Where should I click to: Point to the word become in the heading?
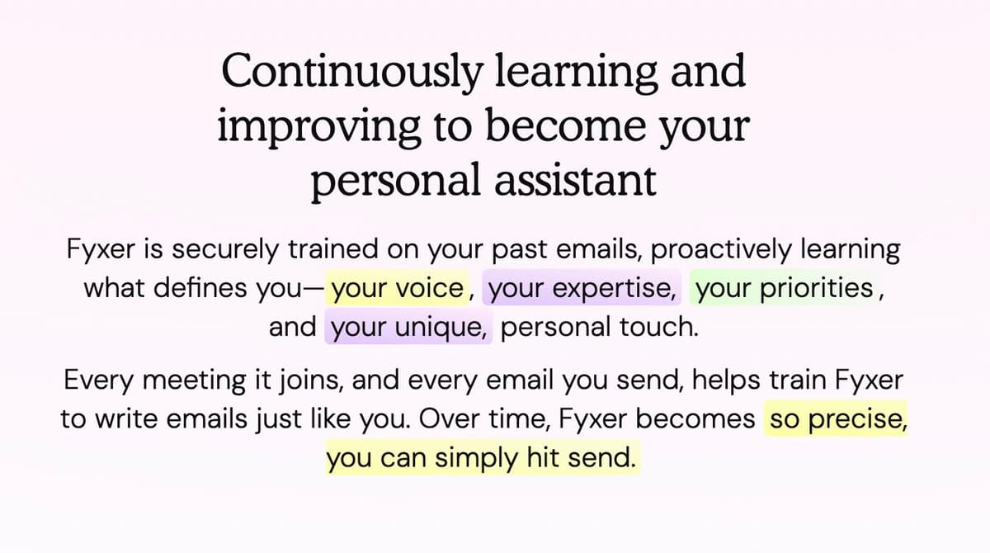[x=543, y=127]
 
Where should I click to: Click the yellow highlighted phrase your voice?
[x=397, y=289]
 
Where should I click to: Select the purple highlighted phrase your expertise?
[x=582, y=289]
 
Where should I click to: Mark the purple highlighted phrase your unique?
[x=411, y=328]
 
